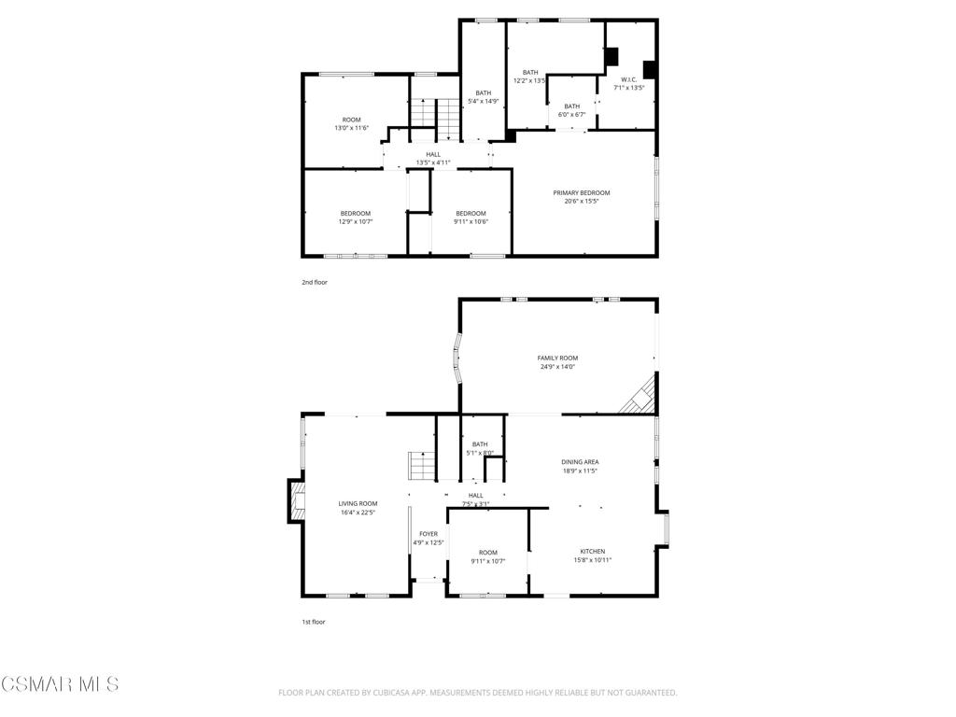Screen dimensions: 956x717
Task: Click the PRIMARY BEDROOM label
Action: (581, 192)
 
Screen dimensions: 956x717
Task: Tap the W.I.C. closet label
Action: (628, 79)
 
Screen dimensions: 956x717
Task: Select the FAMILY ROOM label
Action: (557, 358)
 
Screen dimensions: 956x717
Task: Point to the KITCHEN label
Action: (593, 551)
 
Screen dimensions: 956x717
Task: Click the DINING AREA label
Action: (580, 461)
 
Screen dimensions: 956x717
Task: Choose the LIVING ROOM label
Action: (358, 503)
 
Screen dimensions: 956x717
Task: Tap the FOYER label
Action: (429, 534)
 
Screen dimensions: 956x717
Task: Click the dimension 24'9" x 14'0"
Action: (557, 367)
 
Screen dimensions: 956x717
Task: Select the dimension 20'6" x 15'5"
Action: (581, 202)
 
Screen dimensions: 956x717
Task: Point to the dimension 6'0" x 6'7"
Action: (572, 115)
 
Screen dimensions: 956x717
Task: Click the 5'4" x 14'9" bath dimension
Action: (484, 101)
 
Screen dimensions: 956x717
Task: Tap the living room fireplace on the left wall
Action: (296, 500)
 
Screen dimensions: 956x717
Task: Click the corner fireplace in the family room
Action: (640, 395)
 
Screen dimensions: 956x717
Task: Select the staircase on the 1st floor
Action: (421, 466)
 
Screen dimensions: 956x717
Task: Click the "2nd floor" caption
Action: (315, 282)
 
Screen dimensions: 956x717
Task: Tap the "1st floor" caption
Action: (314, 622)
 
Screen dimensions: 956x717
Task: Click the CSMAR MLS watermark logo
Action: (60, 683)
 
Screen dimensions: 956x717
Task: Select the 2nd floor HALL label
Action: (433, 154)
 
